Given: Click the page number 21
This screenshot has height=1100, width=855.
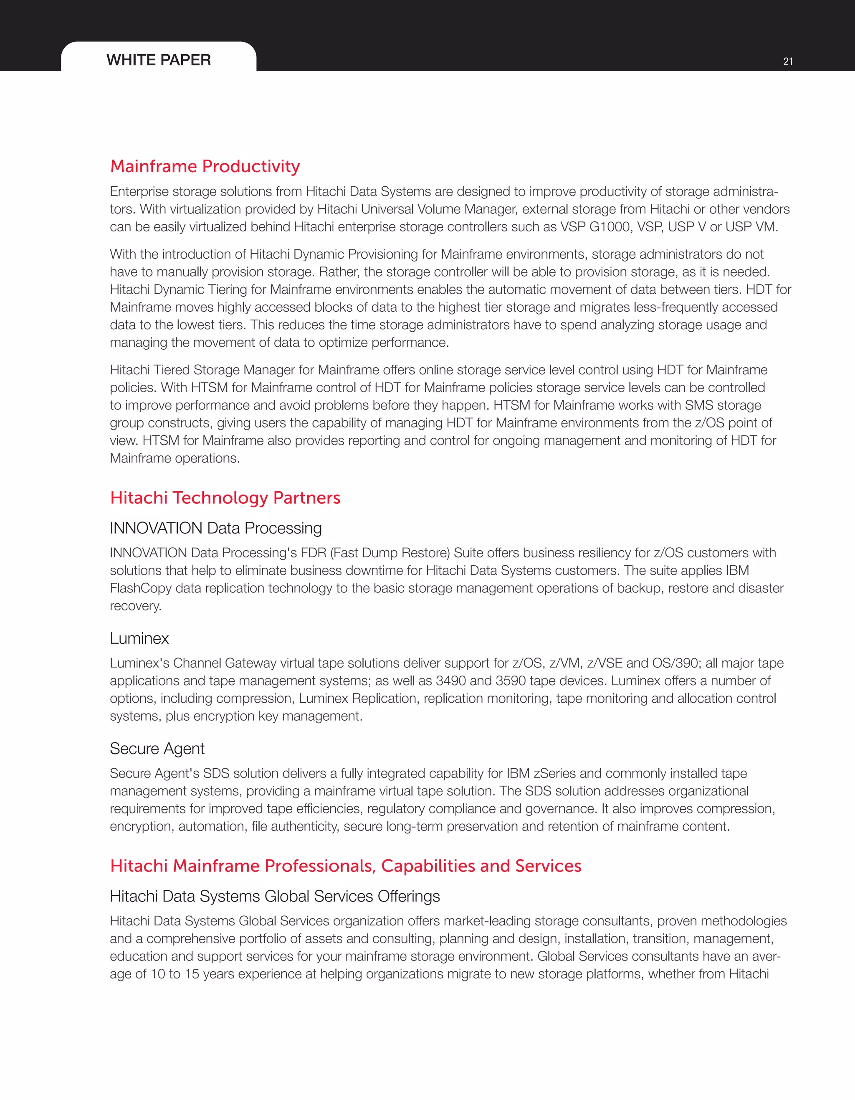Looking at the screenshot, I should click(788, 61).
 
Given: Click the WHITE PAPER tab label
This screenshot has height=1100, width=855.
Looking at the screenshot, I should click(159, 60).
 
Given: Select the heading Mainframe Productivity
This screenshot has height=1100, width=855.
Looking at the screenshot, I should click(205, 166).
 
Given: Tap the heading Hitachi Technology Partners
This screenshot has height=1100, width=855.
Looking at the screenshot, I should click(225, 498).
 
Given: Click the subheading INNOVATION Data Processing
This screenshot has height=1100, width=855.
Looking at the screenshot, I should click(215, 528).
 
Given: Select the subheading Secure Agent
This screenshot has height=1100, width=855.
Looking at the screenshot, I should click(157, 749).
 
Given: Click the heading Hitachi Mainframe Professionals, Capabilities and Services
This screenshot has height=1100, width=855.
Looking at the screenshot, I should click(345, 866).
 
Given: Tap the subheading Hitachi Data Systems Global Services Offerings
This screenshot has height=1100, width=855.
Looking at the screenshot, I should click(275, 896).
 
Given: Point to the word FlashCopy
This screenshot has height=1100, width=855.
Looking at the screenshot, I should click(140, 588).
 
